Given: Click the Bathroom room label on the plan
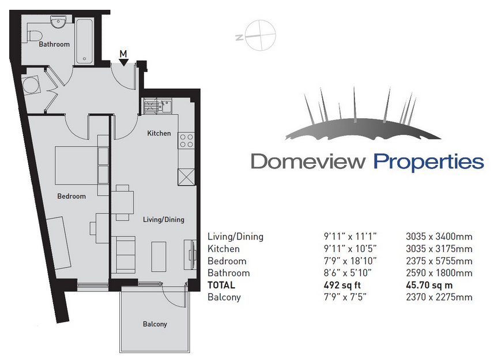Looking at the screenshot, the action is tap(54, 44).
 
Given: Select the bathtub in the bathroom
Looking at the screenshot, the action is tap(84, 42).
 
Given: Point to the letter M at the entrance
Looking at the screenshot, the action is tap(123, 54).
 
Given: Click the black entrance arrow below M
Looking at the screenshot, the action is tap(123, 62).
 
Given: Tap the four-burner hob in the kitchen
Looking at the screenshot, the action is tap(186, 141).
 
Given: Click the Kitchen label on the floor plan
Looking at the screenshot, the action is tap(159, 133).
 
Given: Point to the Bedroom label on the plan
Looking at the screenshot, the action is tap(71, 196).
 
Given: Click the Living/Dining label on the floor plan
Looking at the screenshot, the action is tap(164, 219).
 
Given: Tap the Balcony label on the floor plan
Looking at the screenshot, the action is tap(154, 324).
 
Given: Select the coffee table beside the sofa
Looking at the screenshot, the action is tap(159, 256).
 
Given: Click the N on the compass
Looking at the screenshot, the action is tap(239, 37).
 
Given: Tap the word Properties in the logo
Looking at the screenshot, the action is tap(428, 162).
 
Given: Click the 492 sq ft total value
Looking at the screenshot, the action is tap(342, 285).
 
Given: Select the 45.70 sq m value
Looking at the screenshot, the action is tap(429, 285).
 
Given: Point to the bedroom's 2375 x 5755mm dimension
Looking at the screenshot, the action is tap(439, 261).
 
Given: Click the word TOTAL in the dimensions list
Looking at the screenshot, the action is tap(221, 285).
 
